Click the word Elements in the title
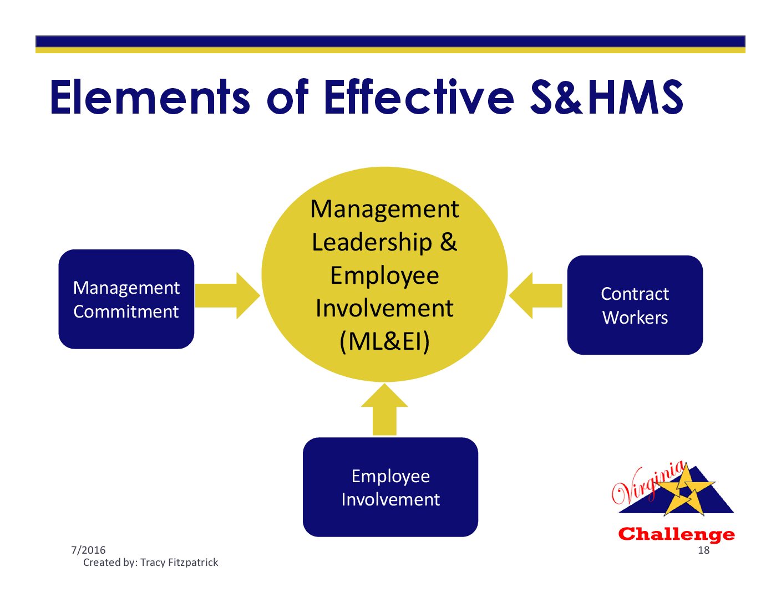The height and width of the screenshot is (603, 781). coord(150,97)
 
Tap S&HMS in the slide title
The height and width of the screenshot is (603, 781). coord(607,97)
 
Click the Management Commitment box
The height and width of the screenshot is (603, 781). coord(126,299)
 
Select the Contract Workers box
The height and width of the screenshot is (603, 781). coord(635,305)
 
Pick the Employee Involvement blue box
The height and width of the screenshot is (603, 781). coord(390,487)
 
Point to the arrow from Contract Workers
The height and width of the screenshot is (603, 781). coord(535,295)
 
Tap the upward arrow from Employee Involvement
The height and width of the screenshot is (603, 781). coord(384,410)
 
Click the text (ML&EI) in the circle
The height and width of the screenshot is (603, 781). coord(384,341)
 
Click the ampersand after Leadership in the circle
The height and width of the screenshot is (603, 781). coord(449,242)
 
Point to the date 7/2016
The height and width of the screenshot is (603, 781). coord(88,550)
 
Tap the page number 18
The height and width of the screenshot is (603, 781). coord(703,550)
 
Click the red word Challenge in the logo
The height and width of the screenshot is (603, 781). coord(676,535)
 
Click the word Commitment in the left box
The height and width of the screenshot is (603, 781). coord(126,311)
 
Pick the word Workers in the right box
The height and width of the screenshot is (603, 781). coord(635,318)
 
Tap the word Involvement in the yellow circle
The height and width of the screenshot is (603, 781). coord(384,308)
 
